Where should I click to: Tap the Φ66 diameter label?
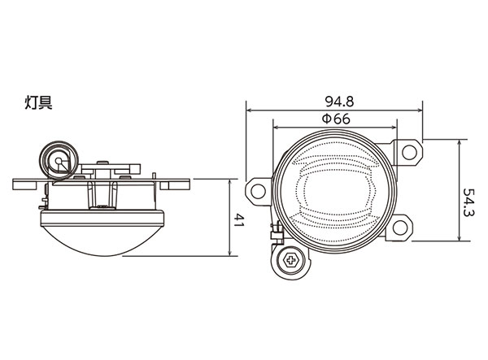coord(335,119)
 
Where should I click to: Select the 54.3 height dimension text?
coord(468,202)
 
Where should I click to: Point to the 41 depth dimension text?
coord(237,219)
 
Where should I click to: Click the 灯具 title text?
coord(38,102)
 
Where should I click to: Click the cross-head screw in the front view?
coord(290,260)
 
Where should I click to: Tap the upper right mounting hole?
coord(409,152)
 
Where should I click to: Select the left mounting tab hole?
coord(258,192)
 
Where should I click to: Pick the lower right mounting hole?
coord(400,228)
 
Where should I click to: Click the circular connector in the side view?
coord(59,161)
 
